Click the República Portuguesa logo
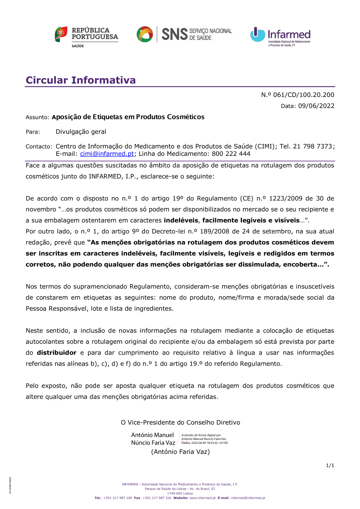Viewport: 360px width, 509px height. (x=86, y=36)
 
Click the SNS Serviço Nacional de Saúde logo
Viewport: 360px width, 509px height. (x=184, y=34)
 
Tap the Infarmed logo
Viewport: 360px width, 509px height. (x=280, y=36)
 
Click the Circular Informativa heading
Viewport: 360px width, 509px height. (x=81, y=80)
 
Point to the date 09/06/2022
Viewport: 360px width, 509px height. (x=316, y=106)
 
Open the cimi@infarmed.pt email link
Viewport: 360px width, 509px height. (x=107, y=154)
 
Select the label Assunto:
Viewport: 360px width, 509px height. (x=37, y=117)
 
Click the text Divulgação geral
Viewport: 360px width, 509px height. (x=81, y=132)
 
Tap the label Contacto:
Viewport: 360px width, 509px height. (x=39, y=147)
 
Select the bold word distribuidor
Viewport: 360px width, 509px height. (x=57, y=353)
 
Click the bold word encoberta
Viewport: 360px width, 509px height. (x=300, y=265)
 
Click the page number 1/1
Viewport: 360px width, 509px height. (x=330, y=465)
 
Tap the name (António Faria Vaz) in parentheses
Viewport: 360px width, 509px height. (x=180, y=452)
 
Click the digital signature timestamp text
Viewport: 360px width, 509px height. (x=204, y=443)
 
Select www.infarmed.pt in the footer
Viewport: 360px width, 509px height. (x=202, y=498)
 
